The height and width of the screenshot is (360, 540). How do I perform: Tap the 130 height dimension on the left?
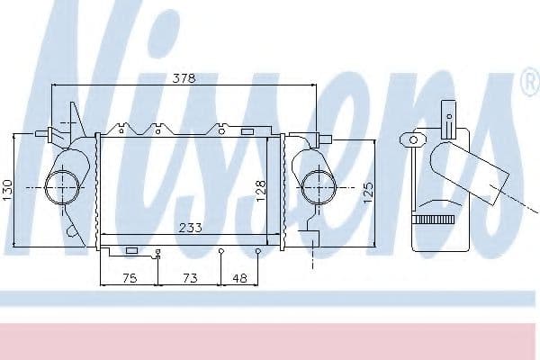click(x=8, y=189)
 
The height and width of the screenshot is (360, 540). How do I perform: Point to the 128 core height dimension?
click(x=261, y=190)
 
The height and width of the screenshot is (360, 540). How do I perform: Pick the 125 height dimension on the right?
click(x=367, y=192)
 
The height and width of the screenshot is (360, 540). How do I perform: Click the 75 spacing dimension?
click(x=129, y=279)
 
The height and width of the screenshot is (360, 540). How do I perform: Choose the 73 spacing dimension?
click(x=191, y=279)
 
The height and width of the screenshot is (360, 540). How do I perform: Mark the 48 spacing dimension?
click(x=240, y=279)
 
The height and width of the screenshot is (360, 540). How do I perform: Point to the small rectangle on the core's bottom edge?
click(x=131, y=249)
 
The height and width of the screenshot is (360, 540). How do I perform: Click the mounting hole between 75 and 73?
click(x=158, y=251)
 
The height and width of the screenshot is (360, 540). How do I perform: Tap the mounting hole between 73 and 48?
click(x=221, y=251)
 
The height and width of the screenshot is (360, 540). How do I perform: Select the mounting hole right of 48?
click(x=258, y=251)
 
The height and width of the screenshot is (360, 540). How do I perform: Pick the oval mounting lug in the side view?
click(x=415, y=139)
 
